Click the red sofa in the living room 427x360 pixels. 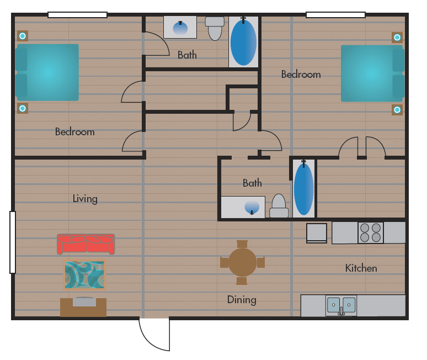pyautogui.click(x=86, y=244)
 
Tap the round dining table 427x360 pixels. pyautogui.click(x=242, y=262)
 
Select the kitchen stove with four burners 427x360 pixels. pyautogui.click(x=370, y=232)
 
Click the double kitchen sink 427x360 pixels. pyautogui.click(x=341, y=305)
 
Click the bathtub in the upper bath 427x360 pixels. pyautogui.click(x=243, y=42)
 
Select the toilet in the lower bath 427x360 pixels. pyautogui.click(x=279, y=207)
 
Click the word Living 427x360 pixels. pyautogui.click(x=85, y=199)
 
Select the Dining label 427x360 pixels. pyautogui.click(x=242, y=300)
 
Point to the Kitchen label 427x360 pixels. pyautogui.click(x=361, y=268)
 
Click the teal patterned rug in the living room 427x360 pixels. pyautogui.click(x=84, y=274)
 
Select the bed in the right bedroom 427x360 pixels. pyautogui.click(x=372, y=73)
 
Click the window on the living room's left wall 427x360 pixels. pyautogui.click(x=13, y=242)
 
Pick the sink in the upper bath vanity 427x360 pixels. pyautogui.click(x=180, y=27)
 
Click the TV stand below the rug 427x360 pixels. pyautogui.click(x=83, y=306)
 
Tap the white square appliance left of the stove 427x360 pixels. pyautogui.click(x=317, y=232)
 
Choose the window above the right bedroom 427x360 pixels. pyautogui.click(x=335, y=15)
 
